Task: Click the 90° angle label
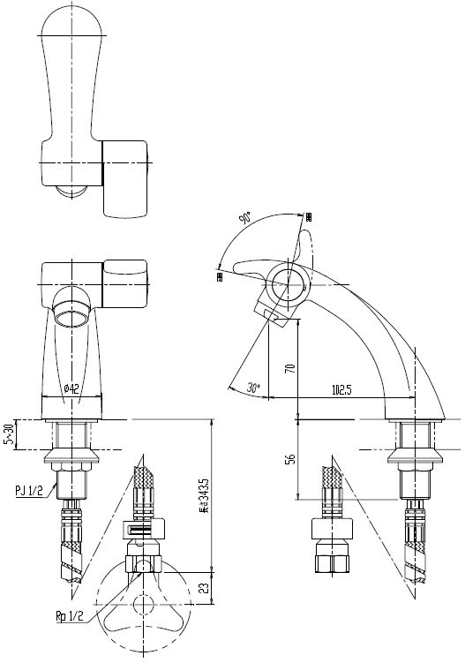[245, 218]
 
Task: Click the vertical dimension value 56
[289, 460]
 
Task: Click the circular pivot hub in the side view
[289, 284]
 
